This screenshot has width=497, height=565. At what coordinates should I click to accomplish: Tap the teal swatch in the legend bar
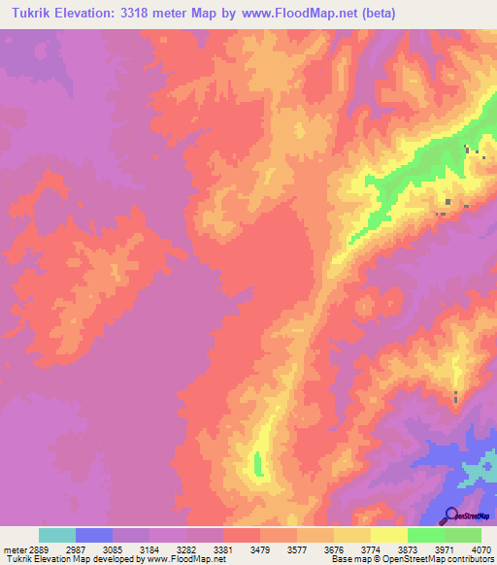pos(57,535)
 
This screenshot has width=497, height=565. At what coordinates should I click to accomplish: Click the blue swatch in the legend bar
pos(94,535)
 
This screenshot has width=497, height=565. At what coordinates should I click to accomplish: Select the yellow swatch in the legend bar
pos(389,535)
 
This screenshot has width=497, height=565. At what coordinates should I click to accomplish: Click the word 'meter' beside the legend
pos(13,549)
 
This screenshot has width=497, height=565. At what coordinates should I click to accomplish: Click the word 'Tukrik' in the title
pos(32,13)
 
